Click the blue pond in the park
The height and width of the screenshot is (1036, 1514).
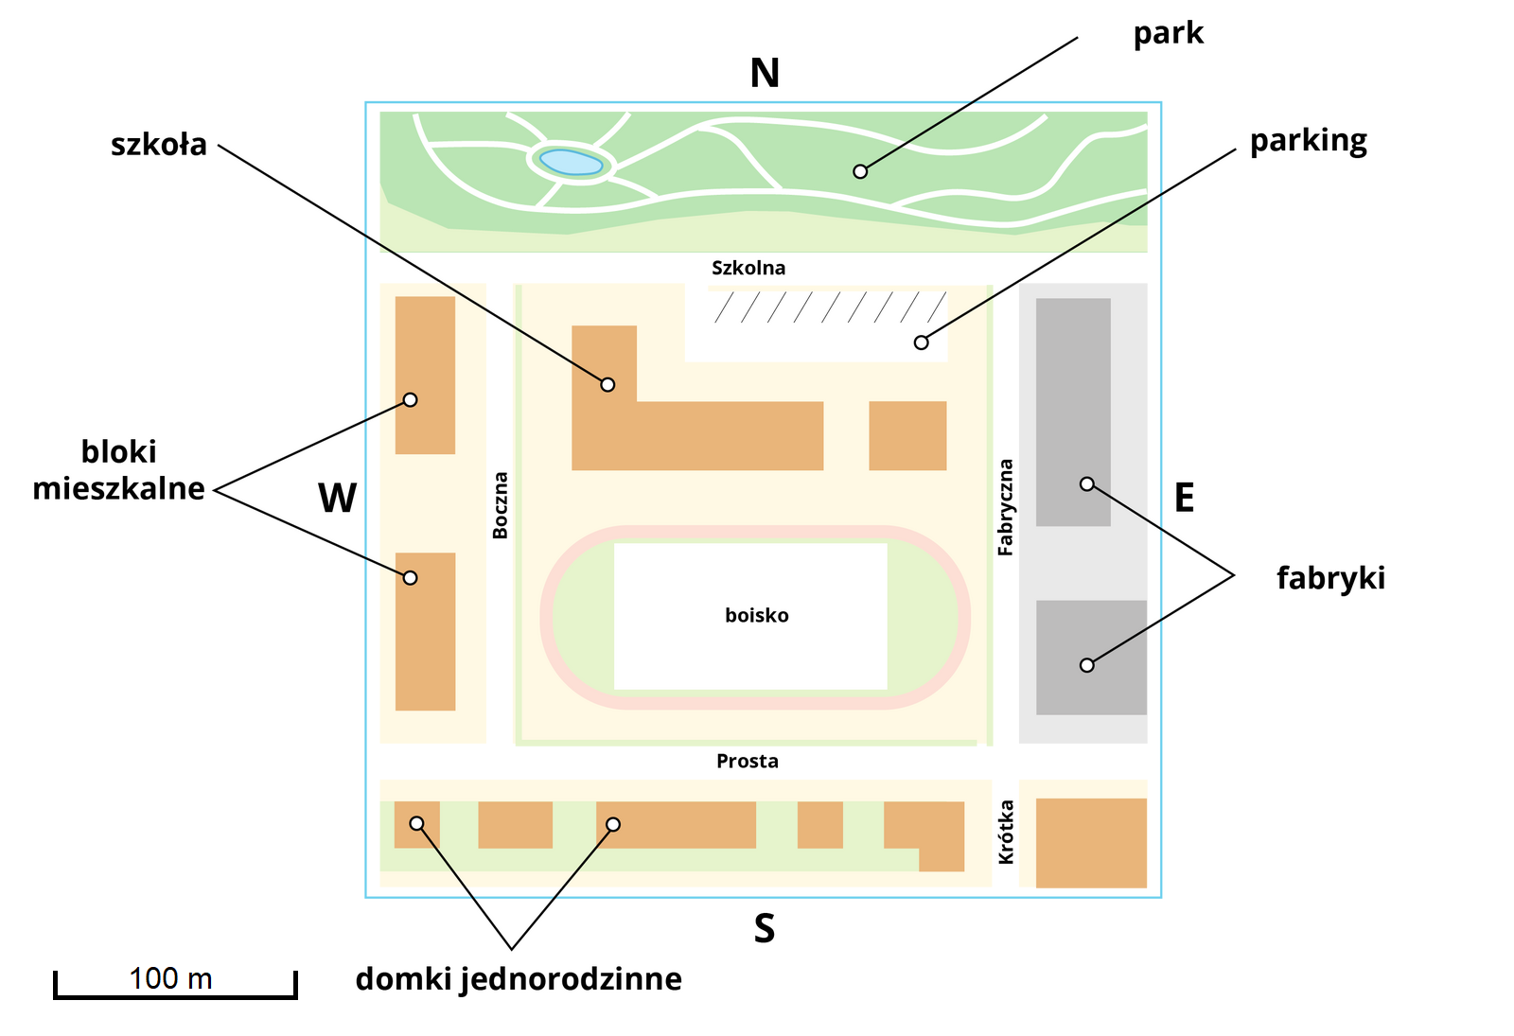point(568,163)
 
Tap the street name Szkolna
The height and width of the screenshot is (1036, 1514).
point(748,268)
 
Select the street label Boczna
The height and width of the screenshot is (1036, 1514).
point(501,505)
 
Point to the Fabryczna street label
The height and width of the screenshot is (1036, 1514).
point(1006,507)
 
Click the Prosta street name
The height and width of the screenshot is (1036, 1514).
point(748,762)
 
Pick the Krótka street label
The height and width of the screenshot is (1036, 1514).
point(1006,832)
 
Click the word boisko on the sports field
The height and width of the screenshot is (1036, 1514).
point(757,616)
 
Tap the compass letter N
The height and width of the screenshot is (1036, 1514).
point(765,74)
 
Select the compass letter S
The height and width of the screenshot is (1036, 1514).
point(765,929)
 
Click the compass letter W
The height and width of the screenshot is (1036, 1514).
point(338,499)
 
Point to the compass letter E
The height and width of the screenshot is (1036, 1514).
point(1184,498)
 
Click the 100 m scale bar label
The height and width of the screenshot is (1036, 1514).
point(170,978)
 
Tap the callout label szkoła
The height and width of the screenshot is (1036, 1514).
point(159,145)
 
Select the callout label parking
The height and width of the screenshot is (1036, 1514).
point(1308,141)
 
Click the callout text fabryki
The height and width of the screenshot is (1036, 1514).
point(1330,578)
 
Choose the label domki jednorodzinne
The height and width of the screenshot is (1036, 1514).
point(519,979)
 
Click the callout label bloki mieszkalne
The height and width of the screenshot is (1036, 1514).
point(119,470)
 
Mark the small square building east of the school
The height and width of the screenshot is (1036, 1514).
point(907,435)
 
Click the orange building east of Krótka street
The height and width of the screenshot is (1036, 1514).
point(1091,842)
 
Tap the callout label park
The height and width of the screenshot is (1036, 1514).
point(1168,34)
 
